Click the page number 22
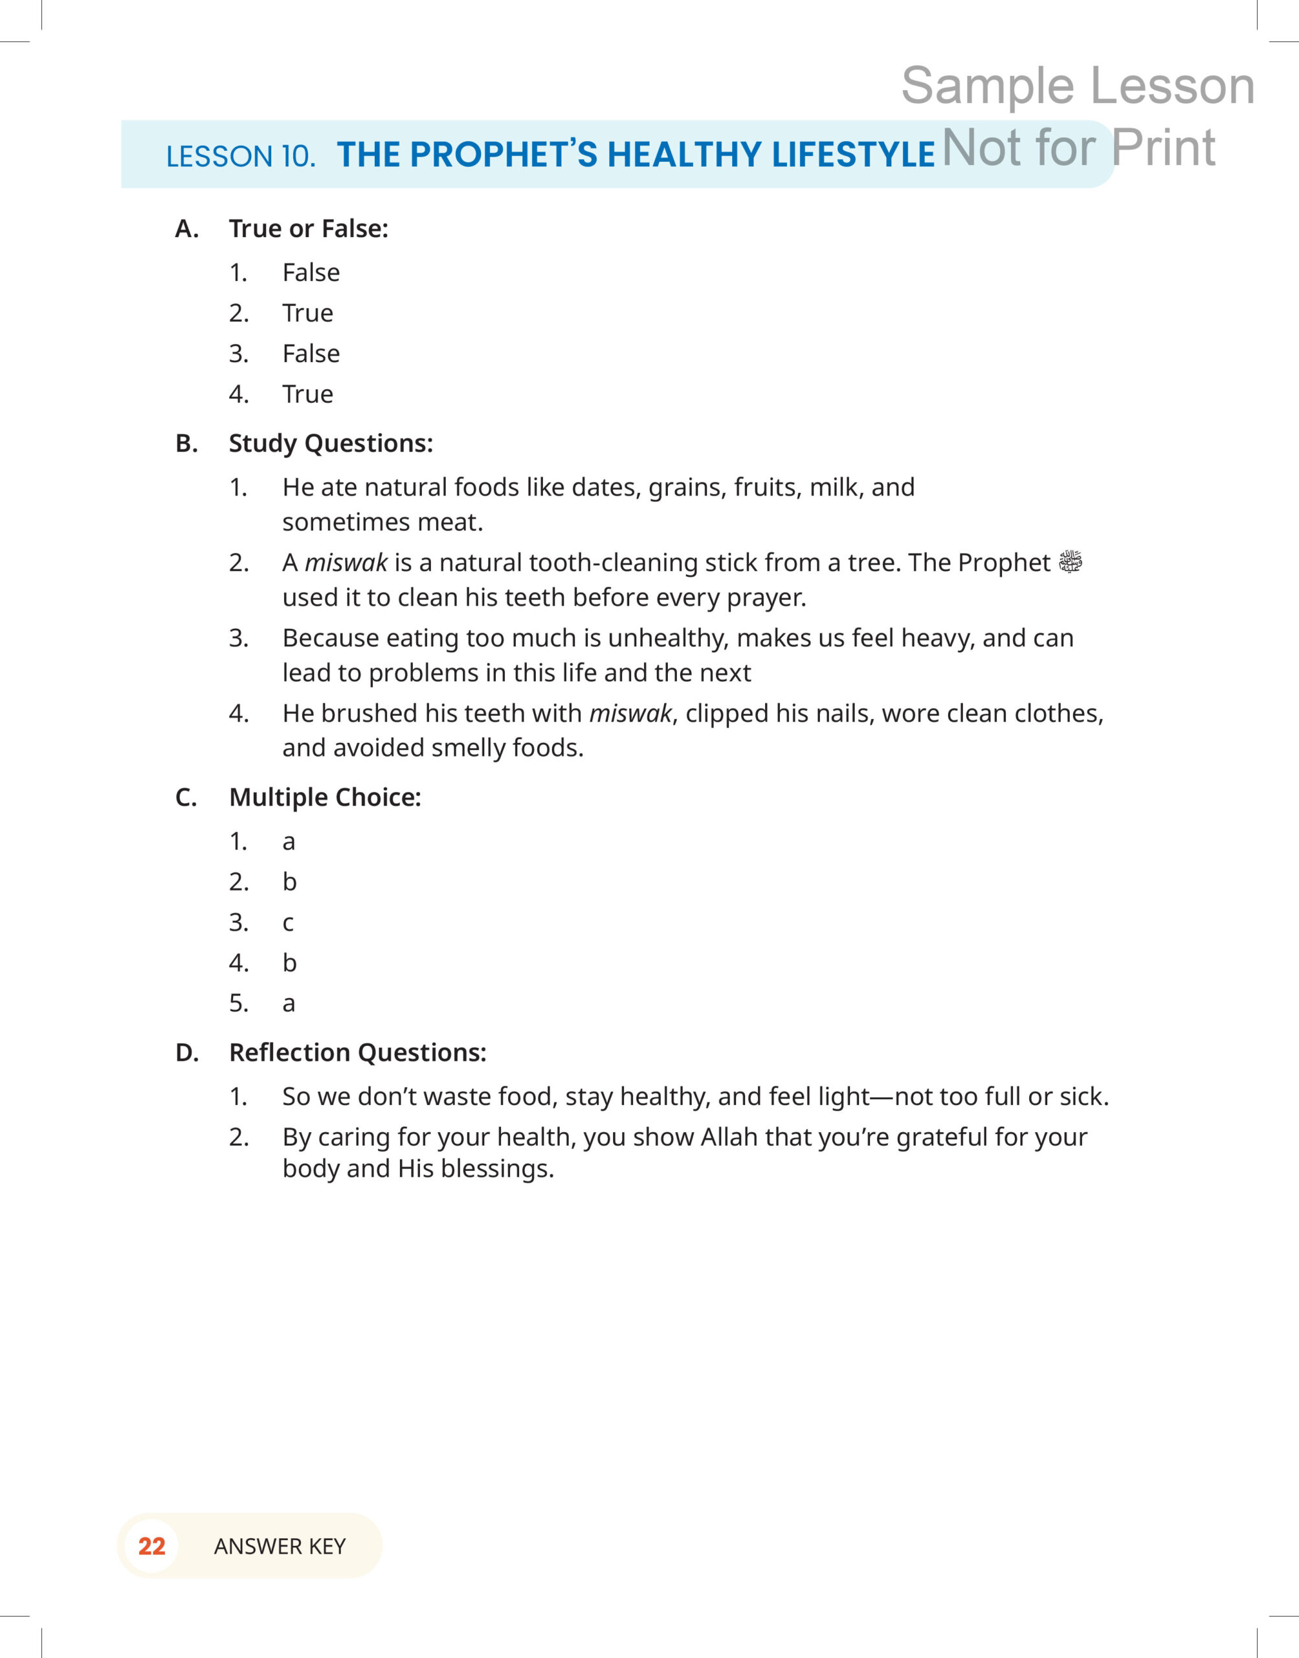coord(151,1545)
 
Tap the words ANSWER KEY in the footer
coord(280,1546)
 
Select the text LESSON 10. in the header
coord(240,157)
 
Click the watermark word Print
coord(1163,148)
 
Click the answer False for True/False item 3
coord(311,354)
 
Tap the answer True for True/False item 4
coord(307,394)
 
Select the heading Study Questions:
coord(331,444)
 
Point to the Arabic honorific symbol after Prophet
coord(1070,562)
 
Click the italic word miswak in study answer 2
coord(346,563)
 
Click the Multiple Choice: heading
coord(325,797)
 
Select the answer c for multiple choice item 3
coord(288,923)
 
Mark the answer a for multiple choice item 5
coord(288,1004)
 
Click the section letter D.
coord(186,1053)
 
